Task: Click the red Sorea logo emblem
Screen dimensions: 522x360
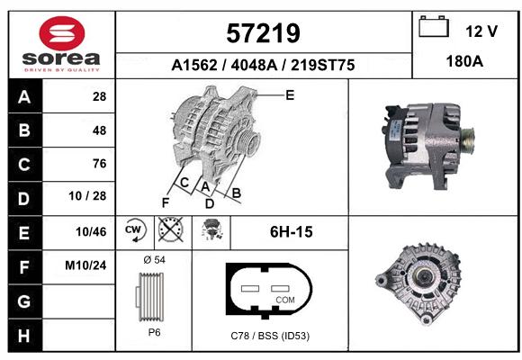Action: tap(62, 33)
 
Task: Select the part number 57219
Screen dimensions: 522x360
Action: tap(263, 33)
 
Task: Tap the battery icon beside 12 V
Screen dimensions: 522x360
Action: tap(434, 26)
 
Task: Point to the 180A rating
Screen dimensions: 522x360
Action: tap(464, 61)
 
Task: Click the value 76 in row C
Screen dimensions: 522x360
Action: tap(100, 164)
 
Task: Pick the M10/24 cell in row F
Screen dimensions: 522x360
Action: tap(85, 265)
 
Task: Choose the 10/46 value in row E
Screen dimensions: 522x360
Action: tap(91, 232)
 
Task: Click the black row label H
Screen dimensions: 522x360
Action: tap(24, 336)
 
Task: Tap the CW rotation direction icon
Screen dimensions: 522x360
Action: tap(134, 230)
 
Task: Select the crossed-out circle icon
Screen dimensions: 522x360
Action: tap(170, 229)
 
